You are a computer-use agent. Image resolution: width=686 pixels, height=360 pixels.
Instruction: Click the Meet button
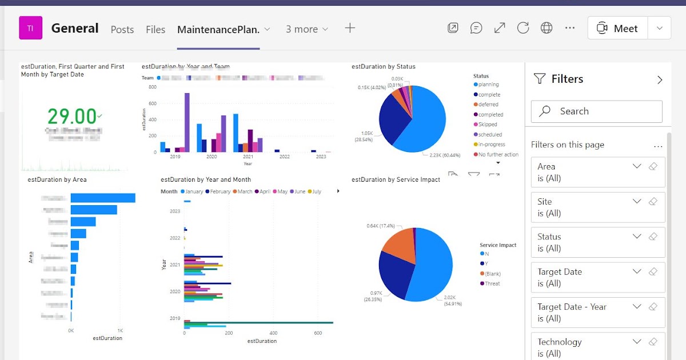pos(617,28)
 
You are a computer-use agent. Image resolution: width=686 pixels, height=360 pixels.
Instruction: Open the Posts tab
pos(122,29)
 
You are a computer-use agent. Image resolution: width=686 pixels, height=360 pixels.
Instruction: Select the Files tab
pos(155,29)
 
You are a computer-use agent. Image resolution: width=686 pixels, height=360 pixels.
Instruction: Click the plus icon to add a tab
pos(350,28)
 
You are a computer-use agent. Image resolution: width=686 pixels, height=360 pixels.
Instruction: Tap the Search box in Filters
pos(596,111)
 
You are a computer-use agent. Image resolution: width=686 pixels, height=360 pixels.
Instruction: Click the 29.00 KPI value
pos(71,117)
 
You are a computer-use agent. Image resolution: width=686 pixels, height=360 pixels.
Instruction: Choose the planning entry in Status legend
pos(488,85)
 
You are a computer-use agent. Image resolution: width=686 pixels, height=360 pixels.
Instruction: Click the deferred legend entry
pos(488,105)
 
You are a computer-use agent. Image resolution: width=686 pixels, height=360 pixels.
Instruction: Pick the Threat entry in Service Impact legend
pos(492,283)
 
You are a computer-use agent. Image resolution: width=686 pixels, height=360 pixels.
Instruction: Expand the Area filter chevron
pos(637,166)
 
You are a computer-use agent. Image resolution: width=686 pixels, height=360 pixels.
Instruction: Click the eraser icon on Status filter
pos(653,237)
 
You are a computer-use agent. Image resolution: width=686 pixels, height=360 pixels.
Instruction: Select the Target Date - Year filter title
pos(572,307)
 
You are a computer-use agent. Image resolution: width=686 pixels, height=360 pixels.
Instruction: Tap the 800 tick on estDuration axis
pos(153,87)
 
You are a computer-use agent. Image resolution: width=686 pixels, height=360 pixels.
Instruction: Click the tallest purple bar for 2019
pos(187,122)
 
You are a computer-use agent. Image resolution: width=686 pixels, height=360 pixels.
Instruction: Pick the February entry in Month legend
pos(220,191)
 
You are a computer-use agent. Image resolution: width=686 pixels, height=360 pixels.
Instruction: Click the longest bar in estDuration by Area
pos(103,198)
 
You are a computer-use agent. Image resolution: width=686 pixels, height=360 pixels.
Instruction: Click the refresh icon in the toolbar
pos(523,28)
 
